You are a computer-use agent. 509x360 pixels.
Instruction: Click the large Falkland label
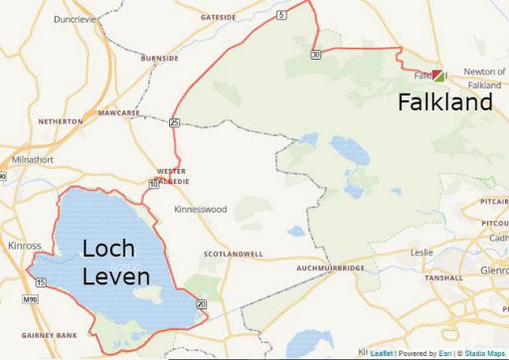click(x=445, y=102)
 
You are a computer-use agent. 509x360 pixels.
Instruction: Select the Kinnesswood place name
click(x=200, y=210)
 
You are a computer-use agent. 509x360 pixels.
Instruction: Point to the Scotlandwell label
click(x=234, y=254)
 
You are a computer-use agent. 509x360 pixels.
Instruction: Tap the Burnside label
click(x=159, y=59)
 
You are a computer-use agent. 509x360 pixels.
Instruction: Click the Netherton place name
click(x=60, y=121)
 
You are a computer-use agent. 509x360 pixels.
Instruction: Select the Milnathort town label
click(x=34, y=159)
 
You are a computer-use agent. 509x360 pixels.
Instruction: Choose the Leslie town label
click(x=422, y=252)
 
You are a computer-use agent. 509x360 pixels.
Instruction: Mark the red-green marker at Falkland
click(x=439, y=75)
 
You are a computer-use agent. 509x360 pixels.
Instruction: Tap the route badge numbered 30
click(x=315, y=55)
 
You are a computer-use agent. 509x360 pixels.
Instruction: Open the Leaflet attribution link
click(x=382, y=353)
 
